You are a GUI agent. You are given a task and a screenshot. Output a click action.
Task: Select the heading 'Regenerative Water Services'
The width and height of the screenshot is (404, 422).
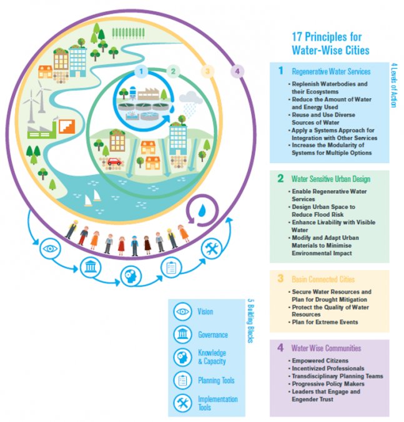(x=331, y=71)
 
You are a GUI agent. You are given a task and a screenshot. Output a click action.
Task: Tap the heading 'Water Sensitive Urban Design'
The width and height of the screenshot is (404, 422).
(x=331, y=179)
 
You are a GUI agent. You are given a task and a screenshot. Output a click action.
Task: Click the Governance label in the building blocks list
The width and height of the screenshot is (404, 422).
(x=213, y=334)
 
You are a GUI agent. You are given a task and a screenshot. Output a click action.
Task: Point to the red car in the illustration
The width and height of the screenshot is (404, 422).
(x=114, y=161)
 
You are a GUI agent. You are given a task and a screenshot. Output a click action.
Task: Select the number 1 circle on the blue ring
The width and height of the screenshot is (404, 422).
(x=142, y=71)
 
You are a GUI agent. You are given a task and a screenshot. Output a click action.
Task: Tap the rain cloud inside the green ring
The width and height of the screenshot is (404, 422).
(x=189, y=98)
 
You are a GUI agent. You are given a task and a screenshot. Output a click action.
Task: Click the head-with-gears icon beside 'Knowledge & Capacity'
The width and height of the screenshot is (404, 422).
(x=183, y=357)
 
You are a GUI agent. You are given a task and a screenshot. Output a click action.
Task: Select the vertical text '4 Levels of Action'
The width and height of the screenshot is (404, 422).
(x=394, y=84)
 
